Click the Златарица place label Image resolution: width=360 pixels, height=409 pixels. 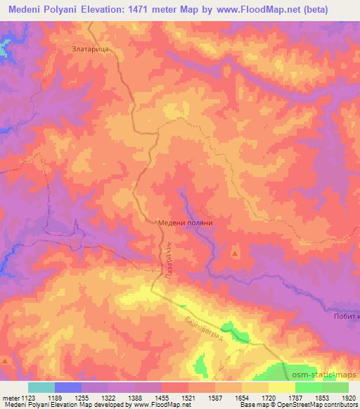point(89,50)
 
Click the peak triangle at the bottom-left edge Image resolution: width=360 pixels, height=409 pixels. point(5,361)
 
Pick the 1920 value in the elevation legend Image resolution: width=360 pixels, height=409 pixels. point(349,397)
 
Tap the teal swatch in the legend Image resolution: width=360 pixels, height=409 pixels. point(41,387)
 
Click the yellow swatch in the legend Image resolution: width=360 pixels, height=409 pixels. point(282,387)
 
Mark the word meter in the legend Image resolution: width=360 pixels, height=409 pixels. point(9,397)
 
